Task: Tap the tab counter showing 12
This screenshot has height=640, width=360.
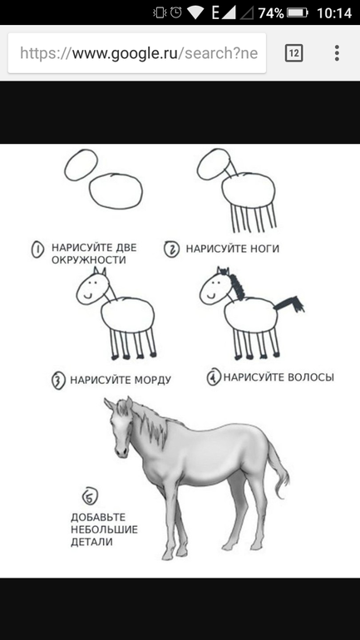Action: (x=293, y=53)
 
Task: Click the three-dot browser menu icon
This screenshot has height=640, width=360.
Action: (x=337, y=53)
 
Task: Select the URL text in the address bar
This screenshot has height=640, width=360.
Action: (x=139, y=53)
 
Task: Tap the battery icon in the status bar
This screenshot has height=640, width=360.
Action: (x=297, y=12)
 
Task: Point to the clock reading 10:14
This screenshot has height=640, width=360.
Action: (x=334, y=13)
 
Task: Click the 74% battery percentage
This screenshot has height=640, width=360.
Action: (x=270, y=13)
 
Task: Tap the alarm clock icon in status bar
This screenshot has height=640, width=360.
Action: (x=176, y=12)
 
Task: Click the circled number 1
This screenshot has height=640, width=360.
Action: (x=37, y=249)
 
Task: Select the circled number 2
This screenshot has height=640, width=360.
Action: (x=172, y=249)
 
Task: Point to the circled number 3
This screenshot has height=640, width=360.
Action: (x=58, y=381)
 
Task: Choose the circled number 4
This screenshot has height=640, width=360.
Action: (x=214, y=377)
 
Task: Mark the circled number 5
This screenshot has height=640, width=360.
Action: (x=90, y=497)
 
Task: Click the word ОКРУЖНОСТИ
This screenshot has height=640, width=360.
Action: (x=89, y=260)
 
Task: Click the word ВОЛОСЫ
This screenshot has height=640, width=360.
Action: (x=311, y=377)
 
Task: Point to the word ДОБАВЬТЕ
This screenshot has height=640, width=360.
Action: (x=98, y=518)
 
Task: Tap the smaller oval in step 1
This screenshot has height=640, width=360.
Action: (x=81, y=165)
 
